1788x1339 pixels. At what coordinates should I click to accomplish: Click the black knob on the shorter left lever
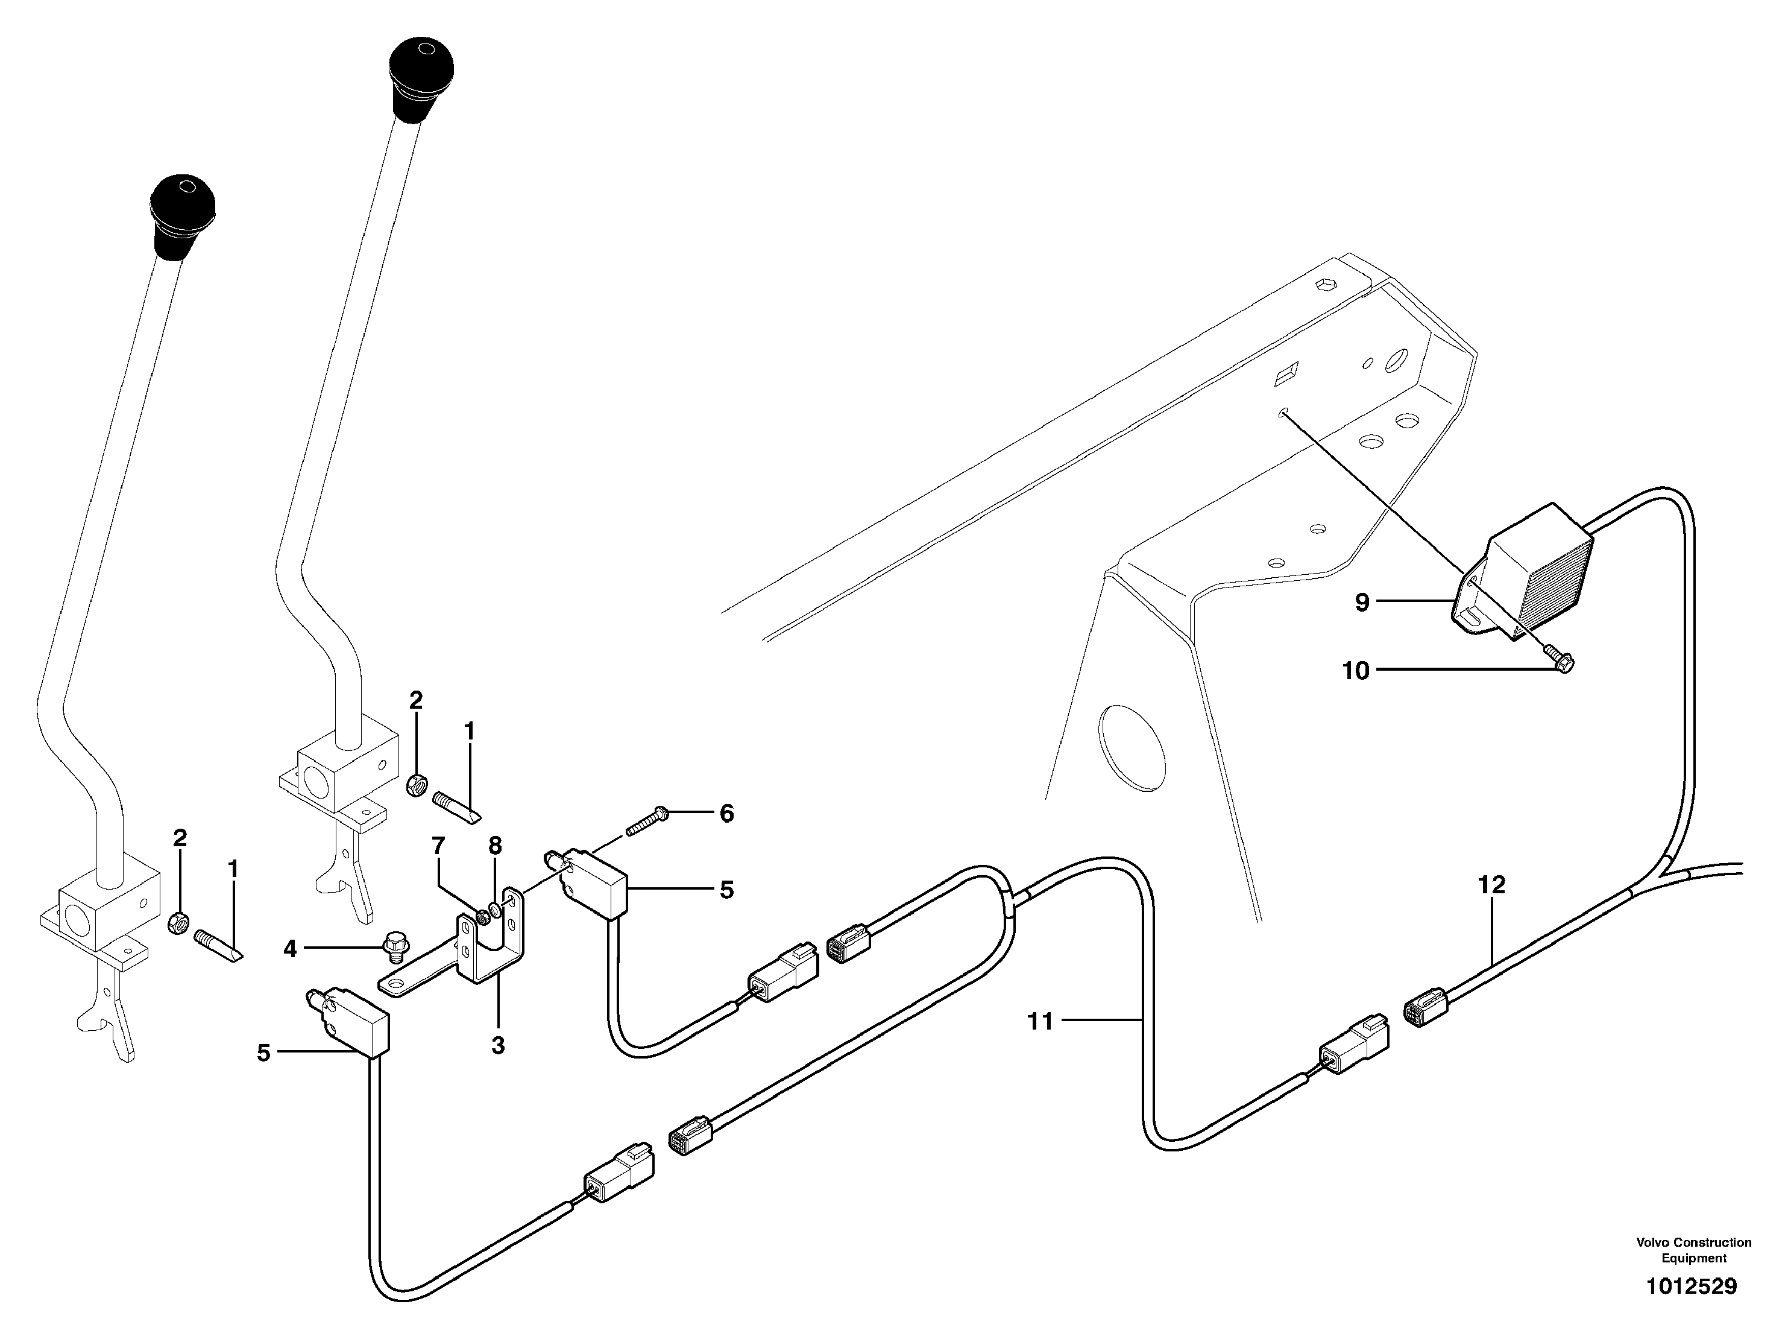pyautogui.click(x=183, y=214)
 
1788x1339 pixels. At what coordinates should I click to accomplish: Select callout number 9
pyautogui.click(x=1363, y=601)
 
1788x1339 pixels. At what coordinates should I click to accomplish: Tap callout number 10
pyautogui.click(x=1356, y=670)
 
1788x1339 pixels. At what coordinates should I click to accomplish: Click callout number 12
pyautogui.click(x=1491, y=885)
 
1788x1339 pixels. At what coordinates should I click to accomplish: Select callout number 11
pyautogui.click(x=1040, y=1022)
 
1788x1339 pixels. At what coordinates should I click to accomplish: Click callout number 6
pyautogui.click(x=726, y=814)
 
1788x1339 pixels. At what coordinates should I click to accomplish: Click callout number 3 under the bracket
pyautogui.click(x=498, y=1045)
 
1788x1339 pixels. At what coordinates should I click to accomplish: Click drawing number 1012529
pyautogui.click(x=1691, y=1287)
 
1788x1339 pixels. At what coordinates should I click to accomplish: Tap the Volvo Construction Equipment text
pyautogui.click(x=1693, y=1249)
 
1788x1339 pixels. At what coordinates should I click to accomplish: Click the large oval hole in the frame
pyautogui.click(x=1132, y=745)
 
